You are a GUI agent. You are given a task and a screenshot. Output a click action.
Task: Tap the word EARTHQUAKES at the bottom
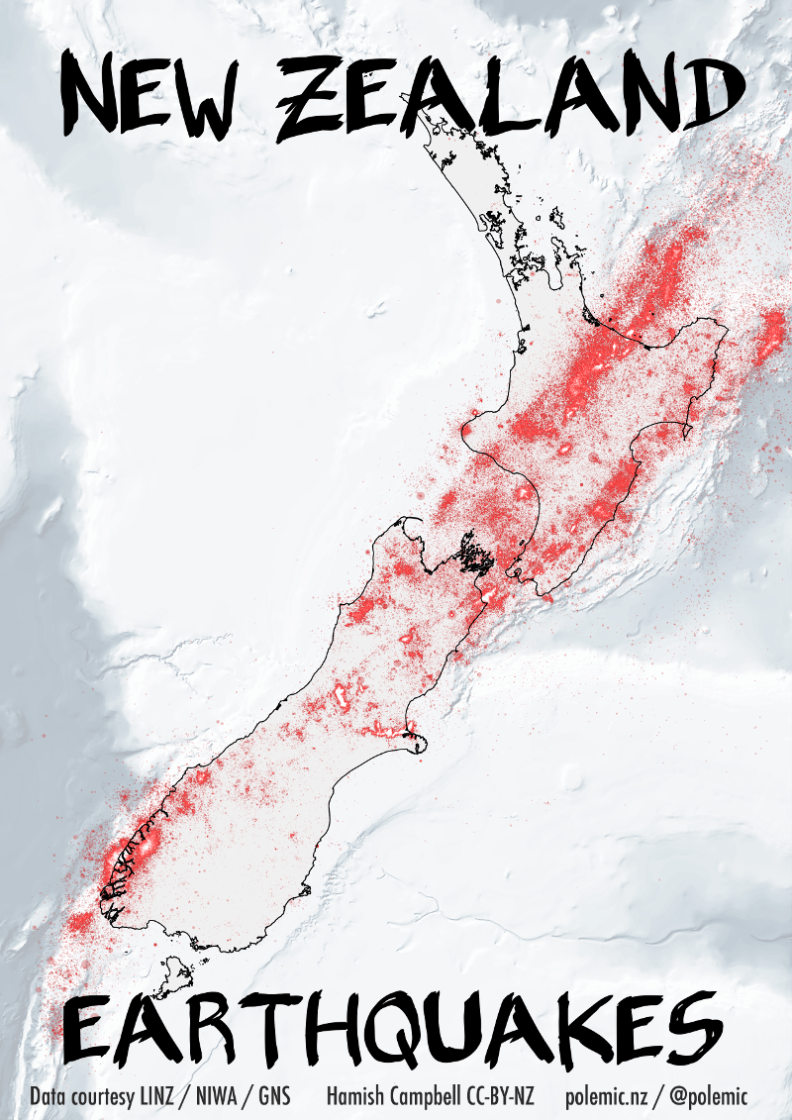tap(396, 1030)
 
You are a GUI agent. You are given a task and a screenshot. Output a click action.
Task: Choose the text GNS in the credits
tap(274, 1097)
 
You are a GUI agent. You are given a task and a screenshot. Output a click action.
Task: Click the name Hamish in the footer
tap(353, 1097)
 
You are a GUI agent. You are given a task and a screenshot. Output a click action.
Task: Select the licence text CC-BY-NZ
tap(500, 1097)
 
